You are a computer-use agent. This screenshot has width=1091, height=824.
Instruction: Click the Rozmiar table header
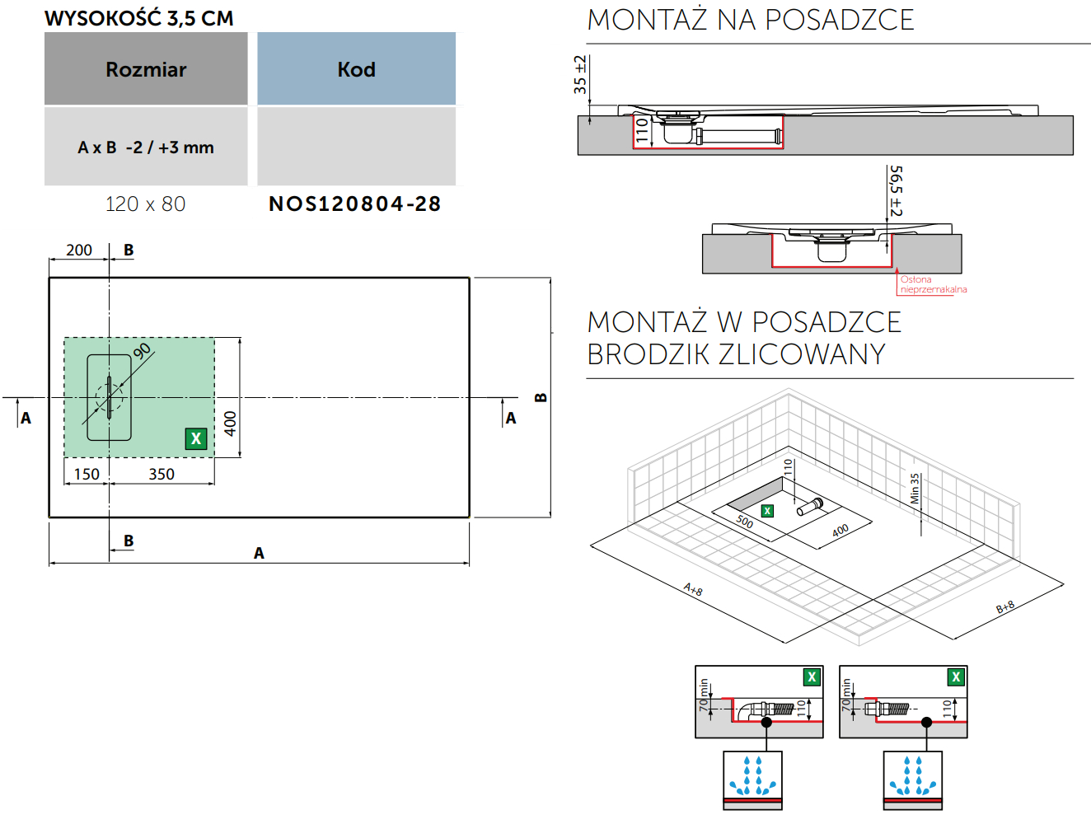(146, 69)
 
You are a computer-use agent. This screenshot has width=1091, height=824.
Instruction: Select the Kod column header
(356, 69)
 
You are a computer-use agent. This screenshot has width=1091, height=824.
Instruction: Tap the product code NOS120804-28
(355, 204)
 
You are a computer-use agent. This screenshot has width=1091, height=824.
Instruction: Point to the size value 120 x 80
(146, 204)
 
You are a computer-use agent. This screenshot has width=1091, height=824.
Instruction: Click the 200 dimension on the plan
(79, 250)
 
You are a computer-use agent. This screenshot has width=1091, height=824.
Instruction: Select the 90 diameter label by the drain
(142, 350)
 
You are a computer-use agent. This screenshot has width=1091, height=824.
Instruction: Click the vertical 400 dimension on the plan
(230, 424)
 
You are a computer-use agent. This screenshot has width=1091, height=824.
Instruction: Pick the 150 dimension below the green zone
(87, 474)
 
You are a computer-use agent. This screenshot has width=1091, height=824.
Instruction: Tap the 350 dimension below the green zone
(162, 474)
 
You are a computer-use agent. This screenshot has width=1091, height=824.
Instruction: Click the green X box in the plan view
(195, 438)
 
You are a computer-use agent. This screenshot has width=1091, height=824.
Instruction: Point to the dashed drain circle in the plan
(109, 398)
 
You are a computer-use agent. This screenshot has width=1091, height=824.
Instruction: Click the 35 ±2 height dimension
(580, 74)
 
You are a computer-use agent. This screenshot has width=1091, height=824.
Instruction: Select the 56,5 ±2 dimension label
(896, 191)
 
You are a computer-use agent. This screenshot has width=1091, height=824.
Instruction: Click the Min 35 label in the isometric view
(915, 489)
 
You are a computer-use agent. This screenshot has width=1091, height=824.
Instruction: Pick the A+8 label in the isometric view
(693, 590)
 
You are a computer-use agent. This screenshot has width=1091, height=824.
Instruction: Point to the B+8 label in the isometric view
(1005, 607)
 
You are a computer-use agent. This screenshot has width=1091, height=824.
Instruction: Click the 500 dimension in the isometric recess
(744, 522)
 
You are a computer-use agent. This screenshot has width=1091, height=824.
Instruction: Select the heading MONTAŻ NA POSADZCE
(751, 20)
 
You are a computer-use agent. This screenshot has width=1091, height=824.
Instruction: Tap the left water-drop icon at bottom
(752, 776)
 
